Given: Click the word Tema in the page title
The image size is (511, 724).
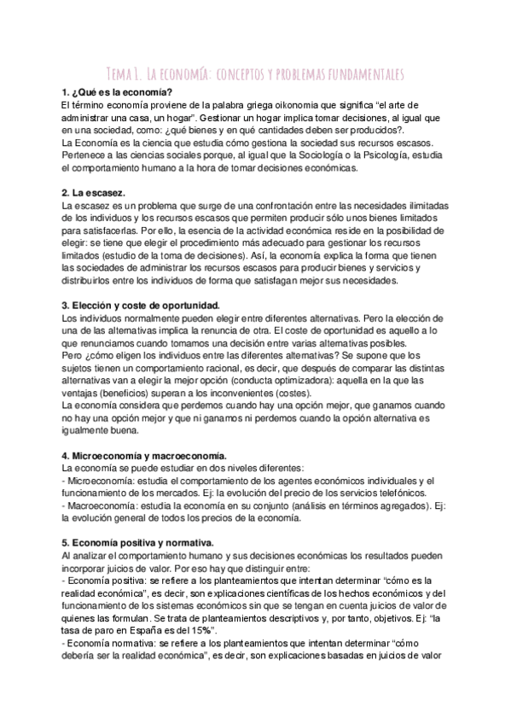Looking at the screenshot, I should tap(121, 73).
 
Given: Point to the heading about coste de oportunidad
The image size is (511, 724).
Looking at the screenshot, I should tap(141, 305).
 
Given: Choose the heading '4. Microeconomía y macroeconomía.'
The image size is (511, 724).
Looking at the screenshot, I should tap(149, 457).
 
